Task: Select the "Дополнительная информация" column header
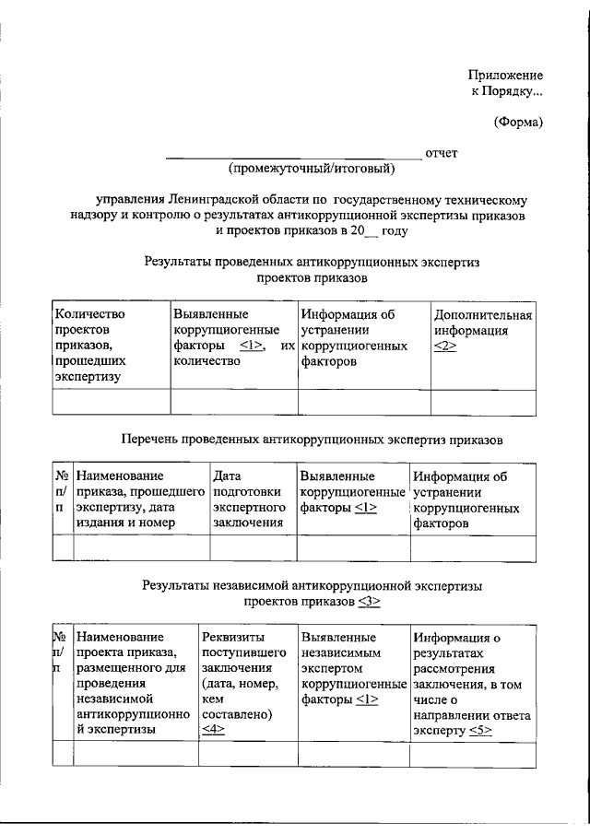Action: tap(483, 323)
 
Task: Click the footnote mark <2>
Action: tap(444, 346)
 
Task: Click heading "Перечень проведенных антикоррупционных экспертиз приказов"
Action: tap(313, 440)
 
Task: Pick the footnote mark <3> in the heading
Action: tap(368, 601)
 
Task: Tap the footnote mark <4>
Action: tap(213, 730)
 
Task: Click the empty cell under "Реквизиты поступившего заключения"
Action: tap(247, 754)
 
